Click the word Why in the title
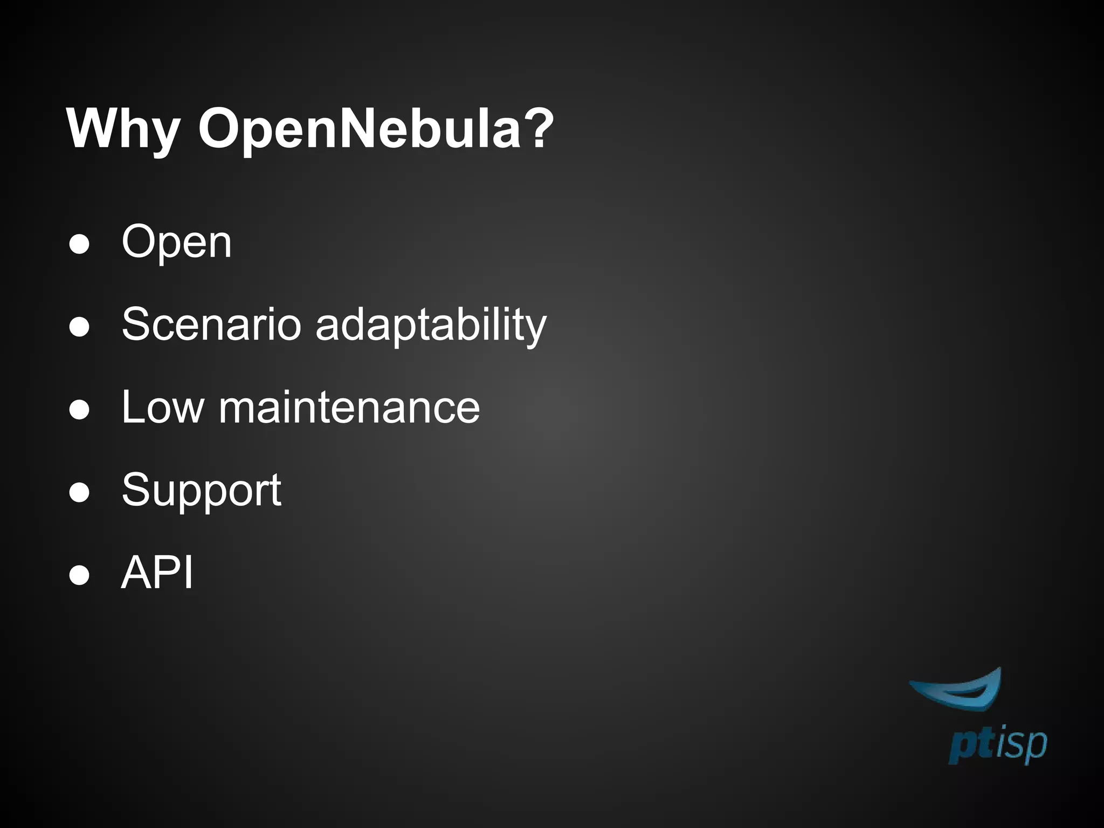click(x=123, y=129)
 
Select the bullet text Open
click(x=177, y=243)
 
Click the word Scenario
click(x=211, y=325)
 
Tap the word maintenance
click(x=349, y=408)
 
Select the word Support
click(x=201, y=491)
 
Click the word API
click(x=157, y=572)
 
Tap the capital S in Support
click(x=136, y=489)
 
